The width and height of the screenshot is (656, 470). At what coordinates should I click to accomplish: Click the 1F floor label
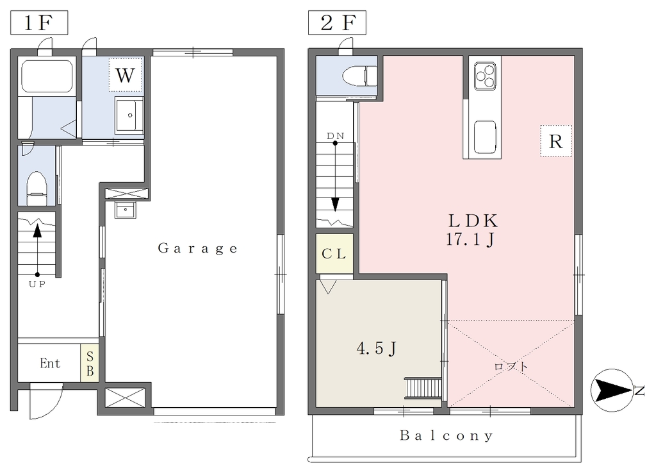[39, 22]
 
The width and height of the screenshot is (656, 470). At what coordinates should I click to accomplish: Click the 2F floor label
[337, 22]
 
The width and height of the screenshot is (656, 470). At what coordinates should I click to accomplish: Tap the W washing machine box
[126, 75]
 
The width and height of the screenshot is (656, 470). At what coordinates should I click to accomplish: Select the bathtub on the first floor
[46, 76]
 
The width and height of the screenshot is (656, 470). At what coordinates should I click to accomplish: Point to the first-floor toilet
[37, 189]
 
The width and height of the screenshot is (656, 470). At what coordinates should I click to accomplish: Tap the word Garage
[198, 249]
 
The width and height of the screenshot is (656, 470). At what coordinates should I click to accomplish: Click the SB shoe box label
[90, 363]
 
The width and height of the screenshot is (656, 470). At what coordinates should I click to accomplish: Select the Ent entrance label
[50, 363]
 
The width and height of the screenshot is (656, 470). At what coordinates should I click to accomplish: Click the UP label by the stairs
[37, 284]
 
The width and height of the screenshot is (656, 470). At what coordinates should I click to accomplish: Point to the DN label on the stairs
[336, 136]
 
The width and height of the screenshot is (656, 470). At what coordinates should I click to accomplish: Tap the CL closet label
[334, 254]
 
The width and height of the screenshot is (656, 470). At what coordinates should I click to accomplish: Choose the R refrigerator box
[555, 141]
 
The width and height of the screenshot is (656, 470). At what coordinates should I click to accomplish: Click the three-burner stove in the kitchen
[486, 76]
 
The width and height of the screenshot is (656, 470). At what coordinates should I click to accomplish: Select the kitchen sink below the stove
[486, 137]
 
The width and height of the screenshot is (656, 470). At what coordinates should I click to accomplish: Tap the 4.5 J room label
[377, 348]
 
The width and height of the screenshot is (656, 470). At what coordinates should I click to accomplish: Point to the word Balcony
[447, 435]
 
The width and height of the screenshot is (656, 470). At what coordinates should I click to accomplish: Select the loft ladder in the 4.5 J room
[423, 389]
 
